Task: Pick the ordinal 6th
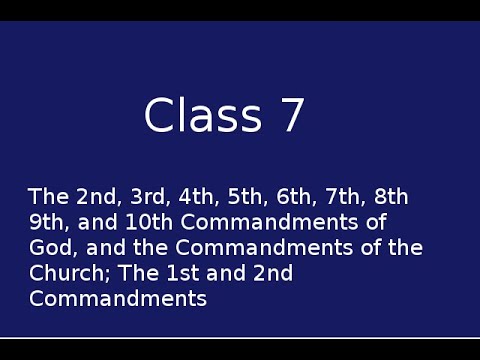[x=272, y=196]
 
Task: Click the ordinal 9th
[x=45, y=222]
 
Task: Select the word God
[x=46, y=248]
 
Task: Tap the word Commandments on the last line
[x=118, y=298]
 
